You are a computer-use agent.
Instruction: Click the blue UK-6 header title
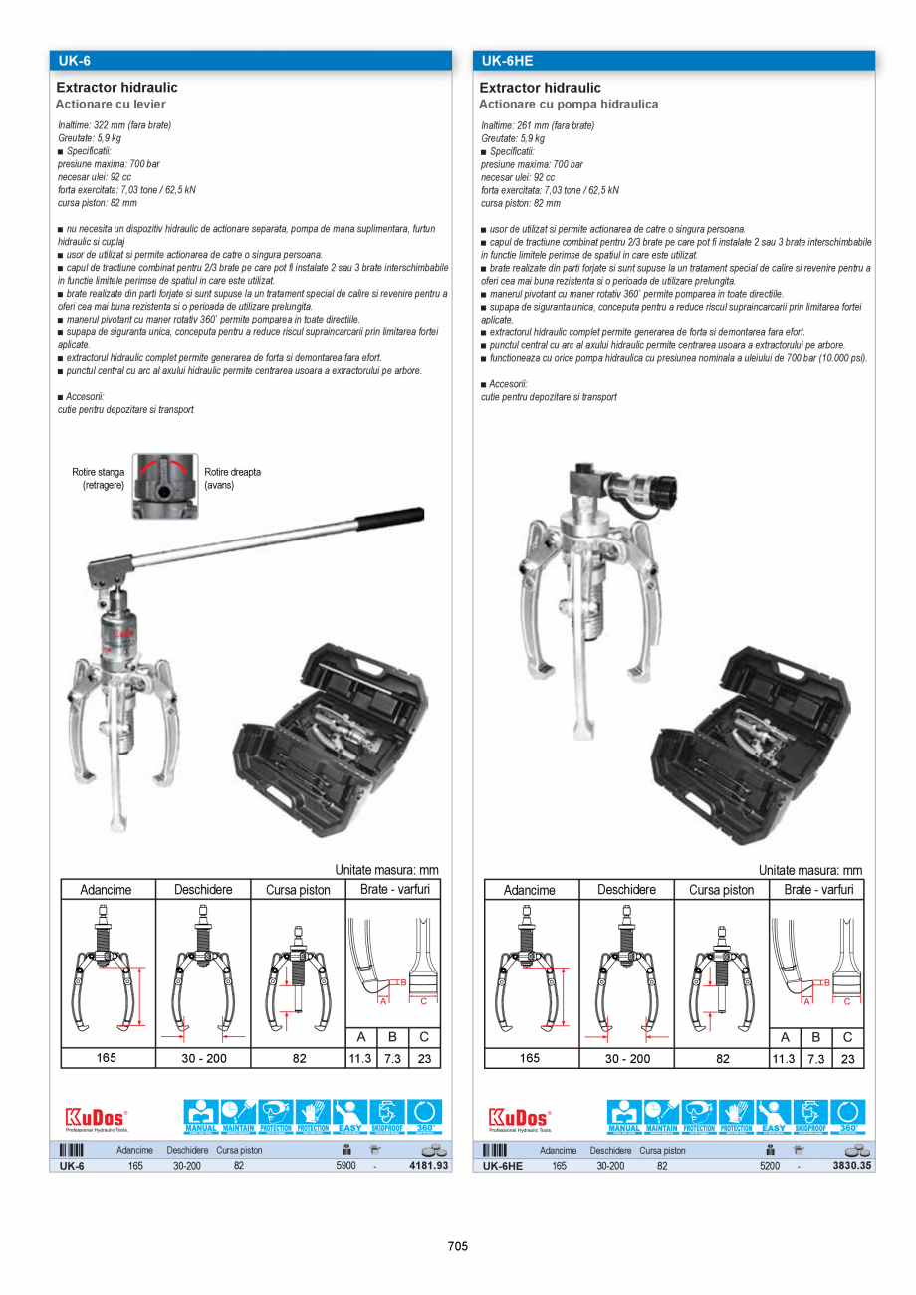coord(74,60)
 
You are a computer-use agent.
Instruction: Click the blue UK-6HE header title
coord(507,60)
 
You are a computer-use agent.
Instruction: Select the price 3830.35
coord(852,1166)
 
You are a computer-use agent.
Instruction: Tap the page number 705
coord(458,1246)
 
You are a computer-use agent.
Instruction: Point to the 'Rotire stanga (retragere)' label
coord(99,479)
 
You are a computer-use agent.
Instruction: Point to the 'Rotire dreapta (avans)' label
coord(232,479)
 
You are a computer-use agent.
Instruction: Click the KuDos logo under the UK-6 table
coord(97,1118)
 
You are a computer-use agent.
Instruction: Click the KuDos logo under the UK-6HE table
coord(520,1118)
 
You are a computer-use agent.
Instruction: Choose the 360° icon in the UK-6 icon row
coord(425,1116)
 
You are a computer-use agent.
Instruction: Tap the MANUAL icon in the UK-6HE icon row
coord(624,1116)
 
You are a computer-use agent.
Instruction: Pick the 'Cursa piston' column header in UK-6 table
coord(298,890)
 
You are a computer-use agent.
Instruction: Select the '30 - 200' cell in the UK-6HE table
coord(627,1059)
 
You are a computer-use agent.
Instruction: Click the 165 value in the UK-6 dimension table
coord(107,1058)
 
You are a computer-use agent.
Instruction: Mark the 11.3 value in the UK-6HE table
coord(785,1059)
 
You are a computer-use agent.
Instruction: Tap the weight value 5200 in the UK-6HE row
coord(769,1166)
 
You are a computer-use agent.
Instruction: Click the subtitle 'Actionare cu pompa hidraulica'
coord(569,105)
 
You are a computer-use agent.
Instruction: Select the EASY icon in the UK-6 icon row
coord(350,1116)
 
